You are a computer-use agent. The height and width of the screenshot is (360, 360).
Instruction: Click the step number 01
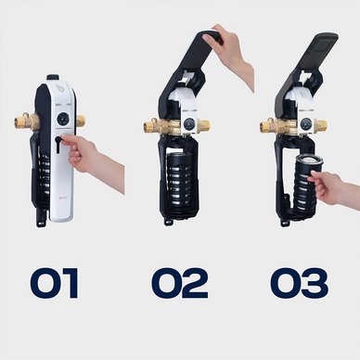(x=55, y=283)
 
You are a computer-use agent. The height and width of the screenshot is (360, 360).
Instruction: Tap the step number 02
(x=180, y=283)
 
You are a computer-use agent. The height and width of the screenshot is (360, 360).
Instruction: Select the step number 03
(x=299, y=283)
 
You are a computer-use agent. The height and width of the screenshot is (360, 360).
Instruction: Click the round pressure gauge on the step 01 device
(x=61, y=118)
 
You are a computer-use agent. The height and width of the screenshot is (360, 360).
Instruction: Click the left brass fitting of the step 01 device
(x=26, y=121)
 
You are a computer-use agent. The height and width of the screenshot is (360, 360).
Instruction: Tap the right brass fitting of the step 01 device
(x=81, y=121)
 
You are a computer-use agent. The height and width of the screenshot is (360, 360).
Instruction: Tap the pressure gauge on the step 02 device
(x=188, y=124)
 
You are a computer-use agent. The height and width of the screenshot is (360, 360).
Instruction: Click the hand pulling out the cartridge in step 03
(x=332, y=188)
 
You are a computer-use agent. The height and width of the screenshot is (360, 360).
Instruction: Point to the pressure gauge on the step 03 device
(x=305, y=124)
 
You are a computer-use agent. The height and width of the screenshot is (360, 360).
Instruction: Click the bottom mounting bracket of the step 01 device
(x=41, y=220)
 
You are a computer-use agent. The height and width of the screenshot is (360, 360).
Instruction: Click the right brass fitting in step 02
(x=203, y=125)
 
